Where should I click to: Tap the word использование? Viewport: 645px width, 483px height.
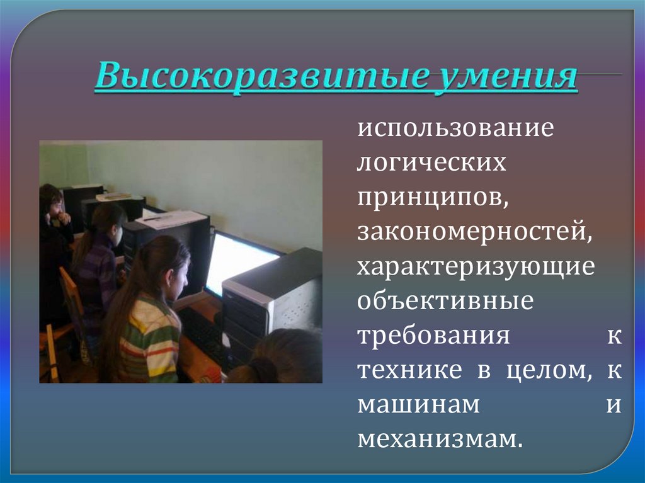(456, 129)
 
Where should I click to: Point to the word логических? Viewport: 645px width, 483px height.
(431, 163)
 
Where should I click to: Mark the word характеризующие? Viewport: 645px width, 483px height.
(476, 267)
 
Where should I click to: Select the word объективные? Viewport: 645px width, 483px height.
(445, 301)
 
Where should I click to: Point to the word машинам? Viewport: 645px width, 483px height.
(419, 405)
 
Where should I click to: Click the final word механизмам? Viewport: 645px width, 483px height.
(440, 440)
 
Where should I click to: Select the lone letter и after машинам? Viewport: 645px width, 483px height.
(614, 406)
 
